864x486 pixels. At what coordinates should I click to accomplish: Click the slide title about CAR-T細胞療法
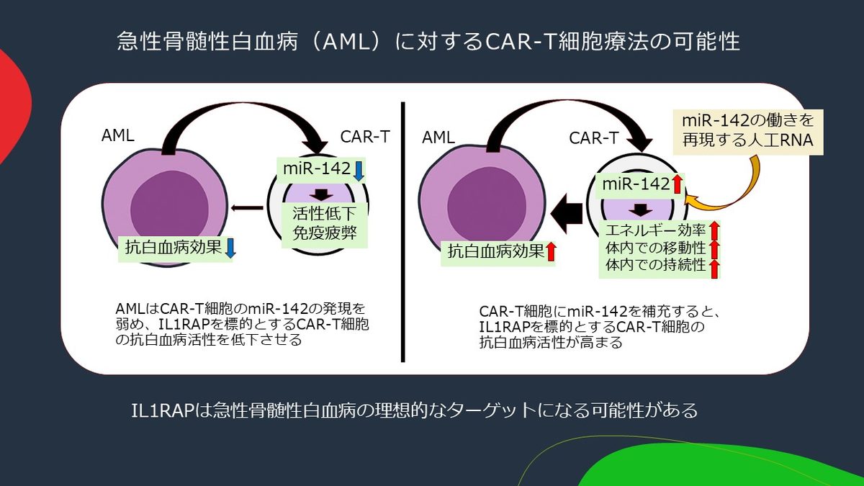428,41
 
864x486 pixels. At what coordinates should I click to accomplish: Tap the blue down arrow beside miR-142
359,171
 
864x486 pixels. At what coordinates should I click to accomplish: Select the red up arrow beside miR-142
677,184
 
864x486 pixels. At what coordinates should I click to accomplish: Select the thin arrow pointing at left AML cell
246,209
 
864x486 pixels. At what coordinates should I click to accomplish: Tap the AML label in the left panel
118,135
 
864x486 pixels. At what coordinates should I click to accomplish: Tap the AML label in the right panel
438,137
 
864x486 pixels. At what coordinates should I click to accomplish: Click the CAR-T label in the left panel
365,136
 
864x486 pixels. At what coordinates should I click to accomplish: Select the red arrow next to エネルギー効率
714,230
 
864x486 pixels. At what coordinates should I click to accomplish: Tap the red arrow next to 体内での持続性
714,269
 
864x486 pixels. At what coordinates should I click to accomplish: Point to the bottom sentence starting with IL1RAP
414,411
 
